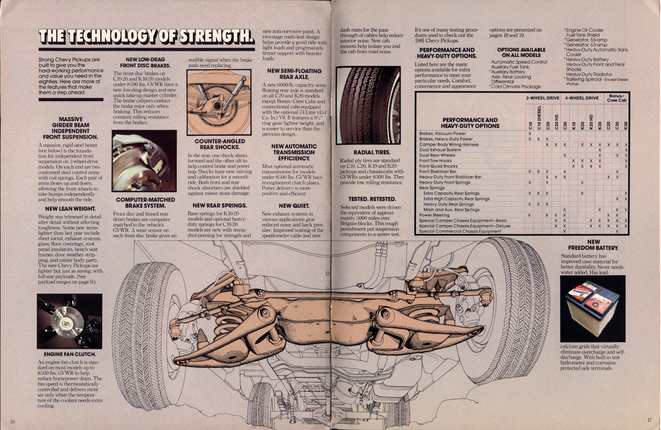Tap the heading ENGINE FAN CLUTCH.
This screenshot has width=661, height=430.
click(70, 354)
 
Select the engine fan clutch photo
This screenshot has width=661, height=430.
click(69, 321)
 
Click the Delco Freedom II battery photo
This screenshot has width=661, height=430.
click(593, 309)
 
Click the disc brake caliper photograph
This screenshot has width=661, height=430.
click(144, 161)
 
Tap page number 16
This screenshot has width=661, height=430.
click(13, 422)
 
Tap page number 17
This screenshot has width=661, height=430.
click(649, 420)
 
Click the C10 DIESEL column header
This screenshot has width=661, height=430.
click(539, 117)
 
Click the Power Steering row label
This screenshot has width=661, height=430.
click(434, 215)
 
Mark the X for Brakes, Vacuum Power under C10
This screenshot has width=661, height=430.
click(530, 133)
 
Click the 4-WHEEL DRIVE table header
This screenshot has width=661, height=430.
click(582, 98)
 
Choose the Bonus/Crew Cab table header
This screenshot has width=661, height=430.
click(616, 98)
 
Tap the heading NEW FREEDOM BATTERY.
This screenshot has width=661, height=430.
click(593, 245)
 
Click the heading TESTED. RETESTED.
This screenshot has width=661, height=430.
click(372, 199)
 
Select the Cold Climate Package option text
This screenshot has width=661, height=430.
click(516, 87)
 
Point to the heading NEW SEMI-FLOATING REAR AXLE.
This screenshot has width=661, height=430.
click(294, 74)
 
